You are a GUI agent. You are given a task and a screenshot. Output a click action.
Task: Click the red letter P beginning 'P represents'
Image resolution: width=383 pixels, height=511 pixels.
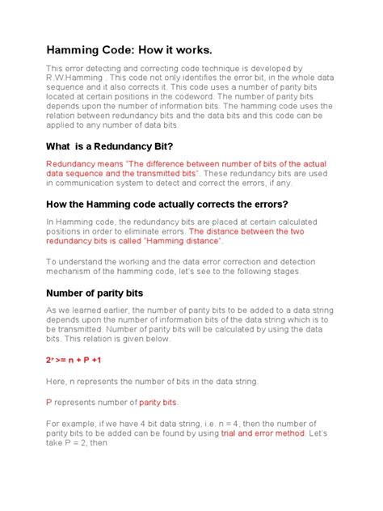click(48, 402)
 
